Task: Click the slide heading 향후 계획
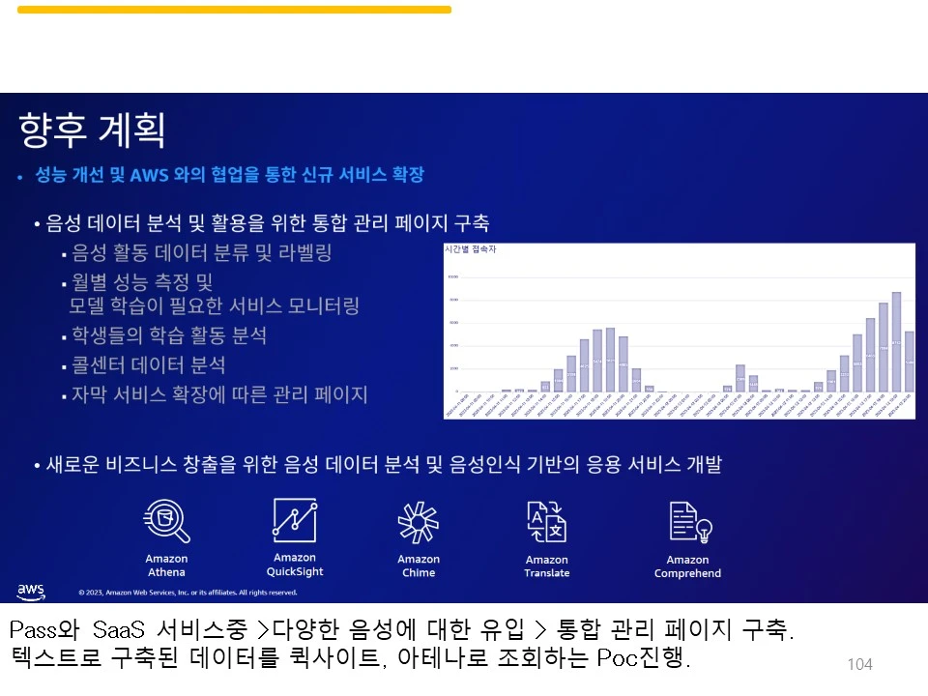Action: pyautogui.click(x=92, y=129)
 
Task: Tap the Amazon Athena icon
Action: pyautogui.click(x=166, y=521)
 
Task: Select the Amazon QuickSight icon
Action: pyautogui.click(x=294, y=519)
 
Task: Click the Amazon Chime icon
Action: pyautogui.click(x=419, y=523)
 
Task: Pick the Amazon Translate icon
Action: pyautogui.click(x=546, y=522)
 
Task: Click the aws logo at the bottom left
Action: pyautogui.click(x=31, y=590)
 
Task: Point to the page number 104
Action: pyautogui.click(x=859, y=664)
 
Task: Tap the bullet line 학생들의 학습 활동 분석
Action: pyautogui.click(x=169, y=335)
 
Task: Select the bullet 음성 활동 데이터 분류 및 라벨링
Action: pyautogui.click(x=201, y=253)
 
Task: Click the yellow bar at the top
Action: pyautogui.click(x=234, y=10)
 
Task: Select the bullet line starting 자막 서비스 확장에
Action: pyautogui.click(x=218, y=394)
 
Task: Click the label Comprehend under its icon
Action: pyautogui.click(x=687, y=573)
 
